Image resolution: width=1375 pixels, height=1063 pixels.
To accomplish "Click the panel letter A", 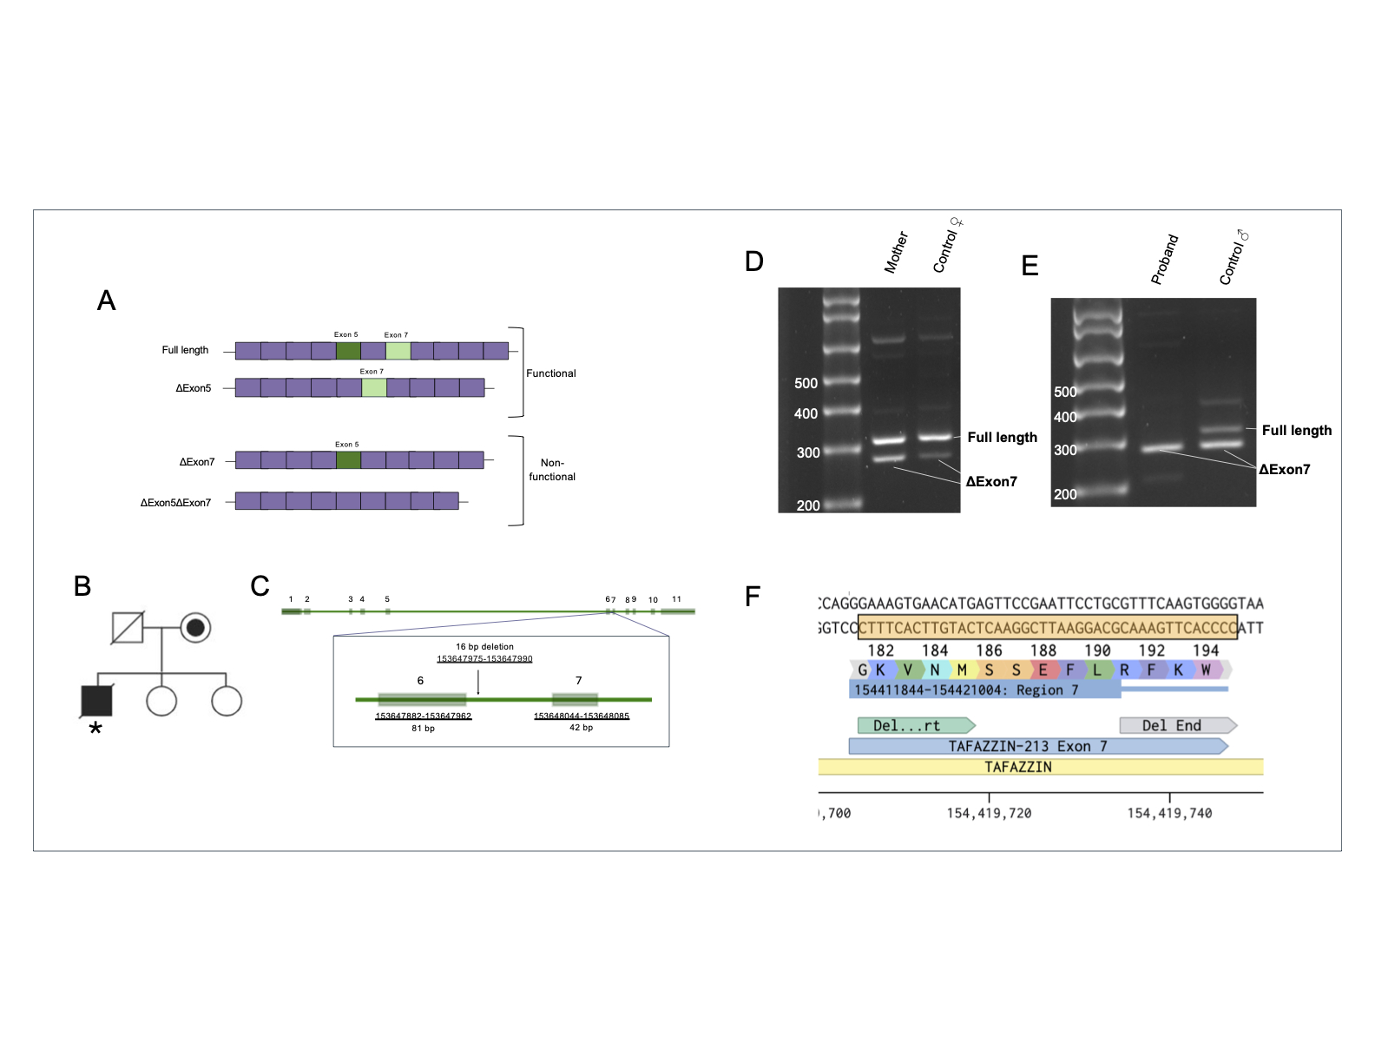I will click(x=106, y=300).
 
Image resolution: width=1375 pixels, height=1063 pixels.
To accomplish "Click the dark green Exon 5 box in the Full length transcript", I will click(x=348, y=351).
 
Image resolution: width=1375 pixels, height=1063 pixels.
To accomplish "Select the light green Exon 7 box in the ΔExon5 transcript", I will click(x=374, y=387).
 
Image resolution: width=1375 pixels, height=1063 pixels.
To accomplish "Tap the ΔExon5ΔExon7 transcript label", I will click(x=175, y=503).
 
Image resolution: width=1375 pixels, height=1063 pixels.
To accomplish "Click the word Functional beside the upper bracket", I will click(x=550, y=373).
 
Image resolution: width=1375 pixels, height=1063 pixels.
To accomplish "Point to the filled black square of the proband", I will click(x=96, y=700).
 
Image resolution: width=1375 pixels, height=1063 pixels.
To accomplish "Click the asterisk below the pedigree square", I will click(x=95, y=729).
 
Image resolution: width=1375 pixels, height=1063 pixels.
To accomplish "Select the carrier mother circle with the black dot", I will click(x=195, y=627).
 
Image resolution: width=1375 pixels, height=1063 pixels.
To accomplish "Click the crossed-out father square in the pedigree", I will click(x=128, y=627).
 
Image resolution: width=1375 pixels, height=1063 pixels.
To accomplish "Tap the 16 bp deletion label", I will click(x=484, y=647).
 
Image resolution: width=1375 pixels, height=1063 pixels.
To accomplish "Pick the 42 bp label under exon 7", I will click(x=581, y=728).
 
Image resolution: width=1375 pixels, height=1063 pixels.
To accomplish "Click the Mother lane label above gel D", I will click(x=896, y=252).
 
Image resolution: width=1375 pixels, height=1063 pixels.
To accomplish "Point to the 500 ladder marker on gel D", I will click(x=806, y=383).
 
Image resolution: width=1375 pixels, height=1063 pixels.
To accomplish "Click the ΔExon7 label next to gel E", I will click(x=1284, y=470).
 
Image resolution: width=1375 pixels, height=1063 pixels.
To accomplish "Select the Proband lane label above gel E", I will click(x=1164, y=259).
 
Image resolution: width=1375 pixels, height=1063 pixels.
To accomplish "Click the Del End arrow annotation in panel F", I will click(x=1176, y=725).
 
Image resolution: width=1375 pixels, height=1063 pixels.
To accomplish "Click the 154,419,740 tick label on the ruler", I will click(x=1169, y=813).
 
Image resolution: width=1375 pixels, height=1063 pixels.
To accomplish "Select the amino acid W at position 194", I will click(x=1206, y=670).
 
